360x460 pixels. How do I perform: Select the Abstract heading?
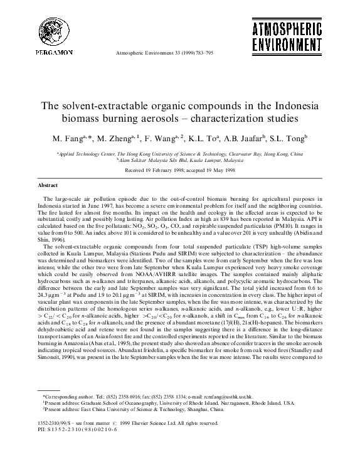click(48, 186)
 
